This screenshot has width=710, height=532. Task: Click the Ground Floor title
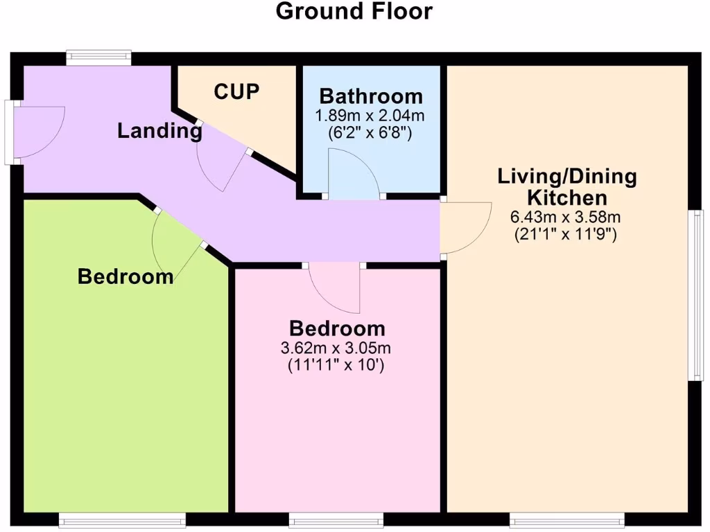pyautogui.click(x=354, y=11)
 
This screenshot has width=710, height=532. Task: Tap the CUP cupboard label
pyautogui.click(x=236, y=91)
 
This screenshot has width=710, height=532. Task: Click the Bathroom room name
pyautogui.click(x=370, y=96)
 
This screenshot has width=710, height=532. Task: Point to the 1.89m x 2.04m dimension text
pyautogui.click(x=370, y=115)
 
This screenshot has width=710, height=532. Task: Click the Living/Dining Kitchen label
pyautogui.click(x=566, y=186)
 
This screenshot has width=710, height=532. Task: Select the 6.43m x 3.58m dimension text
pyautogui.click(x=566, y=217)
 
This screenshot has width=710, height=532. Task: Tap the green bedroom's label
pyautogui.click(x=125, y=276)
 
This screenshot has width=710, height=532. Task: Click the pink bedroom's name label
pyautogui.click(x=337, y=328)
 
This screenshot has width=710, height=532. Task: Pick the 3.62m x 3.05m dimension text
pyautogui.click(x=337, y=348)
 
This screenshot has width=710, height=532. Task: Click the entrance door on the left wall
pyautogui.click(x=38, y=132)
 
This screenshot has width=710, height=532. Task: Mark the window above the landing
pyautogui.click(x=98, y=57)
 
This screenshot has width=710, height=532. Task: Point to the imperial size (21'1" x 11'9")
pyautogui.click(x=566, y=234)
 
